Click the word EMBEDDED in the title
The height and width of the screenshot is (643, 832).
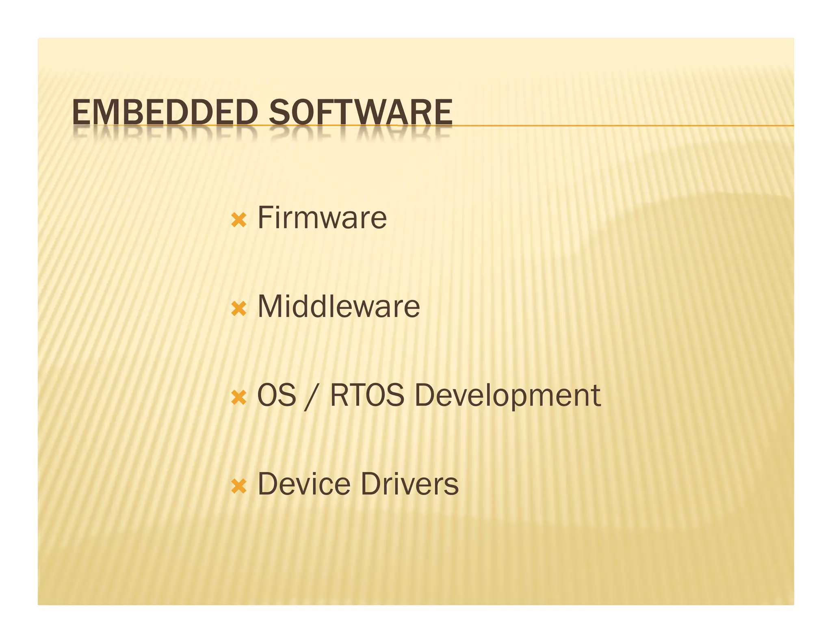tap(165, 113)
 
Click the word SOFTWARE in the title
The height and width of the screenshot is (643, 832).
tap(360, 113)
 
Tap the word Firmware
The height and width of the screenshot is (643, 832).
tap(322, 218)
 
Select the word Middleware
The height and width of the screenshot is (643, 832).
tap(339, 306)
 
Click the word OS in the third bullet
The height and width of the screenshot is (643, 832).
tap(277, 395)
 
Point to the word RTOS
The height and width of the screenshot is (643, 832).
tap(367, 395)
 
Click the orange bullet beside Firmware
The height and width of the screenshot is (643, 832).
tap(238, 220)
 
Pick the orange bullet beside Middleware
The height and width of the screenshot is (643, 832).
tap(238, 309)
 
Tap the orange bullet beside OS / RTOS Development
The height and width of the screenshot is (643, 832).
tap(238, 398)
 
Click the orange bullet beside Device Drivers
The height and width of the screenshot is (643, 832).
tap(238, 486)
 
